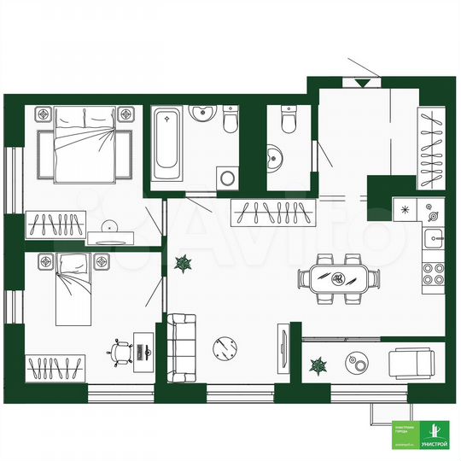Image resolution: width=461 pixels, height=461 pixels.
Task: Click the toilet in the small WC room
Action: click(x=286, y=123)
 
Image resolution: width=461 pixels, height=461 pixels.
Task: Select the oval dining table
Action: click(x=339, y=277)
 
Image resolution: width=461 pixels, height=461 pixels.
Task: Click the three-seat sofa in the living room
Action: click(x=181, y=348)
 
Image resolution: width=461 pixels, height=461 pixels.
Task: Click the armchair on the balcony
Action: click(x=411, y=364)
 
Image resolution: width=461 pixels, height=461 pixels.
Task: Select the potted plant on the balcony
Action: click(x=318, y=365)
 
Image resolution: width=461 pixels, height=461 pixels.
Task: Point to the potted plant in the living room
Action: click(x=183, y=266)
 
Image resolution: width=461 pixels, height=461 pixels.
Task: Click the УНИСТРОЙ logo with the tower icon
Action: click(x=435, y=435)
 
